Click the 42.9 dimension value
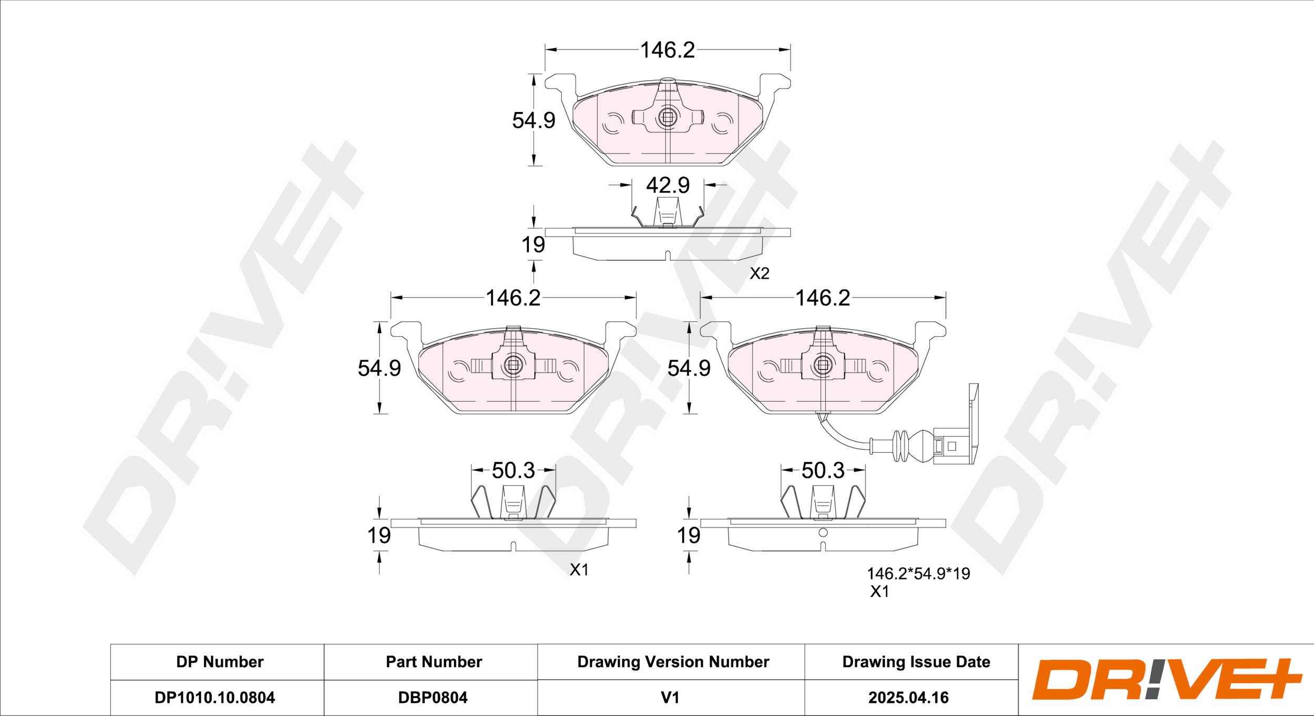coord(668,186)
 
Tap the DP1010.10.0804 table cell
coord(214,698)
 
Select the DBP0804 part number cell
coord(433,698)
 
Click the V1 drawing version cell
coord(670,698)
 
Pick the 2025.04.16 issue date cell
coord(908,698)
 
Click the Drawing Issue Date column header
coord(916,662)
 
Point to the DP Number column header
coord(220,662)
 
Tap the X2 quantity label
coord(759,273)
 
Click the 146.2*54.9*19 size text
coord(918,574)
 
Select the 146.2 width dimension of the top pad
coord(668,50)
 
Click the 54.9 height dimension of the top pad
coord(533,120)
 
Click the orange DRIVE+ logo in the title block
coord(1167,679)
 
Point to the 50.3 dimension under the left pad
coord(513,470)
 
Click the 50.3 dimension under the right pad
coord(823,470)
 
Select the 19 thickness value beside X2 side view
coord(533,245)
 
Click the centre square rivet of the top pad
coord(668,118)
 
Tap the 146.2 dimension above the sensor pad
coord(823,298)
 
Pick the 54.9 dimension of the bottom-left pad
coord(379,368)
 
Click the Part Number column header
coord(434,662)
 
